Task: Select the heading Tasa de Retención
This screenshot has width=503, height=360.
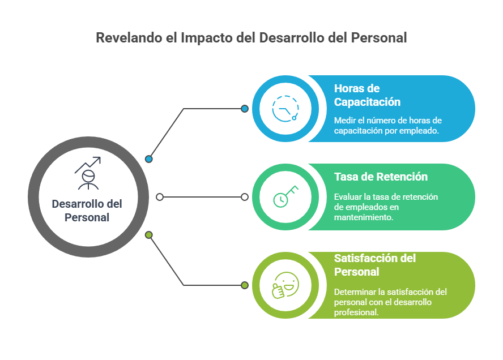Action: click(381, 177)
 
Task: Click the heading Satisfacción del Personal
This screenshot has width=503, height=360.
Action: click(374, 265)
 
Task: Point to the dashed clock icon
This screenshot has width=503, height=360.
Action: click(285, 108)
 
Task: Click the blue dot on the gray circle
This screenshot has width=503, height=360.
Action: click(149, 159)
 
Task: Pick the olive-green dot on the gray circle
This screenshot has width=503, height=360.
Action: click(149, 235)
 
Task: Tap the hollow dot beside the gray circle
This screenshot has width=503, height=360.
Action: click(160, 197)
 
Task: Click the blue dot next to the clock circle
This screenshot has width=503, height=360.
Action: click(245, 109)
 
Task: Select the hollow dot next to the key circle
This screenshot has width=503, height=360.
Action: click(245, 197)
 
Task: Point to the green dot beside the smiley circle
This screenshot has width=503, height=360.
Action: click(245, 285)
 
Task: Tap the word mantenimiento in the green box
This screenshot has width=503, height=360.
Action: click(363, 217)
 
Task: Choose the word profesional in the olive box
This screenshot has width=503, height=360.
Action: click(356, 311)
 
